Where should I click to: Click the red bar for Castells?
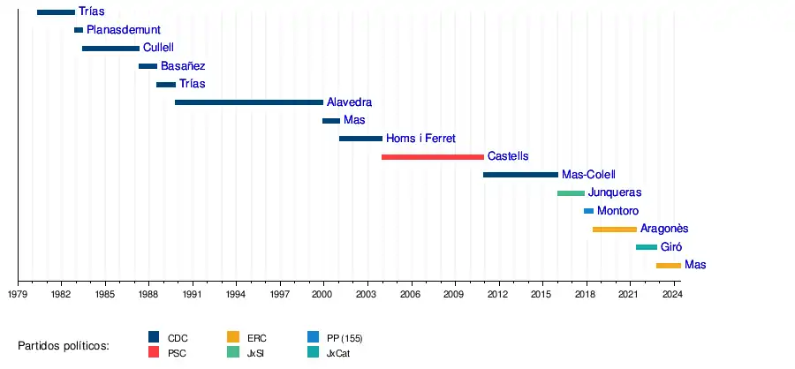coord(433,156)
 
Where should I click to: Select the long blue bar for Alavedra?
coord(249,102)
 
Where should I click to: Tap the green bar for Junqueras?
coord(571,192)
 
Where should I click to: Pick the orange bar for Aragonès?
coord(615,229)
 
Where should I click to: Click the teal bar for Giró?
coord(647,247)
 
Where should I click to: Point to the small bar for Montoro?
coord(589,211)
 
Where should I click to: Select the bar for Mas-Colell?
coord(520,175)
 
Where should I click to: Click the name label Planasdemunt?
coord(124,30)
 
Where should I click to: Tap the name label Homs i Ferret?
coord(420,139)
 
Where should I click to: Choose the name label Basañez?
coord(183,66)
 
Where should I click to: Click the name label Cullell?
coord(158,48)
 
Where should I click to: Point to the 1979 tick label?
coord(18,293)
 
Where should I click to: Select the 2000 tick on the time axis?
coord(322,293)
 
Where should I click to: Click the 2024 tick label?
coord(671,293)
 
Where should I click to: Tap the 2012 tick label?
coord(496,293)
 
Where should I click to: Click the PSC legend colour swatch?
coord(154,352)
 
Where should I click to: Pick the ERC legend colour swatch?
coord(233,337)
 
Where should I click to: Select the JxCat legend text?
coord(342,353)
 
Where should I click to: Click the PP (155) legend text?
coord(344,338)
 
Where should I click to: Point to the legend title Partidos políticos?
coord(64,345)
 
